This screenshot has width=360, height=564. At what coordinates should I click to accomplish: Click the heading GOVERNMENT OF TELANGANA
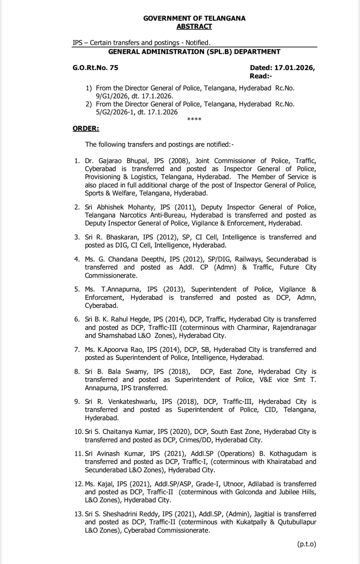(194, 18)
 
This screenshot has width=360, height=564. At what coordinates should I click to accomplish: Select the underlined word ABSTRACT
(194, 26)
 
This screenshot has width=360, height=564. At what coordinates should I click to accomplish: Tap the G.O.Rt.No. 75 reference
(95, 68)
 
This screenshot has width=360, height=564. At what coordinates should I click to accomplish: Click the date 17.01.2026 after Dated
(294, 68)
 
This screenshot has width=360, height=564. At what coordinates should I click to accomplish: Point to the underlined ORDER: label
(86, 129)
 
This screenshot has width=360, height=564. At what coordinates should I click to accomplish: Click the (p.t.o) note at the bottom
(306, 544)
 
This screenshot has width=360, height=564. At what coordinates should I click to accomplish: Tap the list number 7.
(77, 350)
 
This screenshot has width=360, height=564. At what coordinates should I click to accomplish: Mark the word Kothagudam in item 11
(288, 454)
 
